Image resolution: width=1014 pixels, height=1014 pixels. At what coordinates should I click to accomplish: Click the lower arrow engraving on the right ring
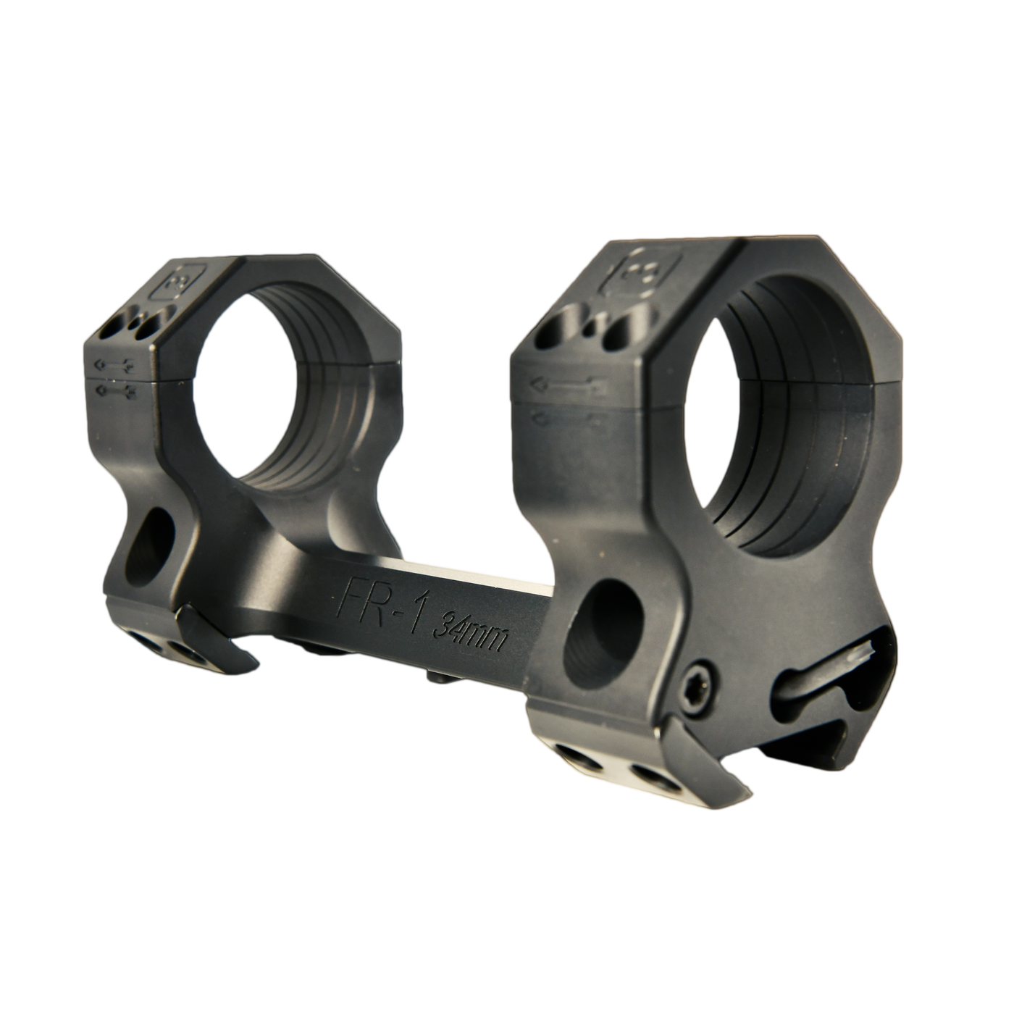pos(561,419)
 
